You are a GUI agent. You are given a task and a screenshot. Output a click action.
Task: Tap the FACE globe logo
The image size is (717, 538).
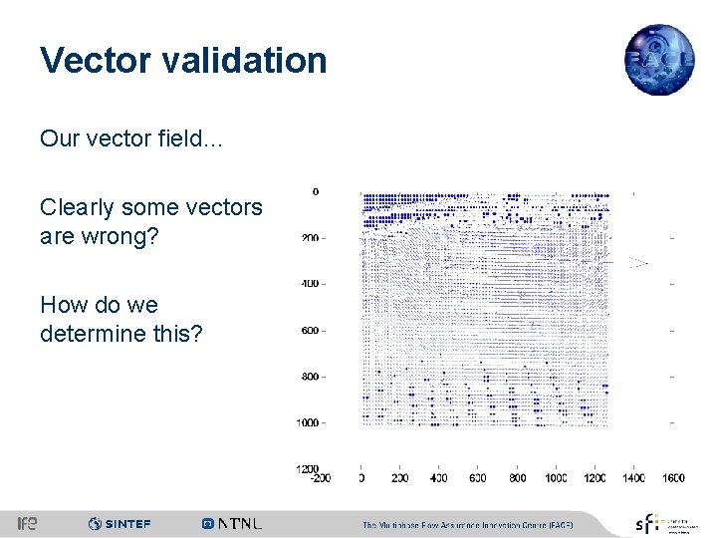tap(658, 60)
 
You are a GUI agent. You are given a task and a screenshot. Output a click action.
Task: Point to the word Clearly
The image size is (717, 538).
tap(76, 207)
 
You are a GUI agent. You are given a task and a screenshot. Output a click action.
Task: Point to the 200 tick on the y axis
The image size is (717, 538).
tap(310, 238)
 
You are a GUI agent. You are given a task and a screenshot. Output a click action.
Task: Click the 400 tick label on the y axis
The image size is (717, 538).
tap(310, 284)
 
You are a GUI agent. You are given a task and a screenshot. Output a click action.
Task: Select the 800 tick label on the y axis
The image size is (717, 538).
tap(310, 377)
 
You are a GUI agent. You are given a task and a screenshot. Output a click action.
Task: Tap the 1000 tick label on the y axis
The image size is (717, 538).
tap(308, 423)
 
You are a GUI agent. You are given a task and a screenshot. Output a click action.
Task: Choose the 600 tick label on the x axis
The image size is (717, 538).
tap(478, 479)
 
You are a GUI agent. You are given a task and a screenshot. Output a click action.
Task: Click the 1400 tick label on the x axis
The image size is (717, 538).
tap(632, 479)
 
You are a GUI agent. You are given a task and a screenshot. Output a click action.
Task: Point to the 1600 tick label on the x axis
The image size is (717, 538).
tap(672, 479)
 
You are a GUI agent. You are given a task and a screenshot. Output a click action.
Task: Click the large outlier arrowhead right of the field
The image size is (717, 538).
tap(637, 263)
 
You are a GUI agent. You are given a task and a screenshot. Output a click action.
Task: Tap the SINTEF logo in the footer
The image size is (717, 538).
tap(119, 524)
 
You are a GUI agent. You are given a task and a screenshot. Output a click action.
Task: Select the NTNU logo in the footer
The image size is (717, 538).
tap(232, 524)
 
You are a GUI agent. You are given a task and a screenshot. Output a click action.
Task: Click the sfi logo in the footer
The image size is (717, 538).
tap(648, 523)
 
